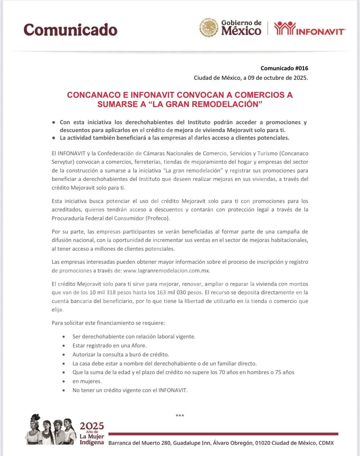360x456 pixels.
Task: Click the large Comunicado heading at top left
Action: [x=70, y=29]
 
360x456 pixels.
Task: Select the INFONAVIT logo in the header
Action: [x=310, y=28]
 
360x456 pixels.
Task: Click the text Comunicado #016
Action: [x=284, y=68]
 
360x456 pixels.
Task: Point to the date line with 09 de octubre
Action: [x=251, y=78]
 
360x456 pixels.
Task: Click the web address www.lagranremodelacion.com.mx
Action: [x=167, y=271]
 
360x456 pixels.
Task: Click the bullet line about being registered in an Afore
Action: [x=109, y=346]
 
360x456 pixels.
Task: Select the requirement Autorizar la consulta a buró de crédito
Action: [x=121, y=355]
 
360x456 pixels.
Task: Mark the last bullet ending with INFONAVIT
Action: [x=130, y=390]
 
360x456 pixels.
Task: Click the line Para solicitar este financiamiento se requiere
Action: [x=108, y=323]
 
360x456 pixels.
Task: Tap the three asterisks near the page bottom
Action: [x=180, y=416]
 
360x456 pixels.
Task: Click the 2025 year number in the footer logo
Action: [x=92, y=426]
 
